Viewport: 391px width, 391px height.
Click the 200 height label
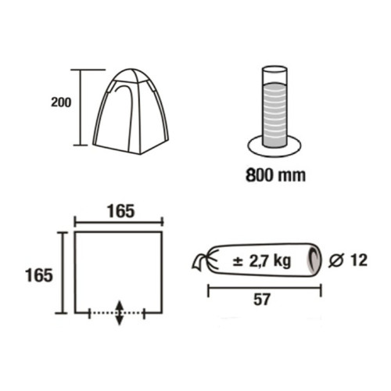(x=61, y=102)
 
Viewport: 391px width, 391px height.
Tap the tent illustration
(x=131, y=111)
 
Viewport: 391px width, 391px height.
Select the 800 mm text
(x=275, y=175)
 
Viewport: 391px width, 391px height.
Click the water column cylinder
(x=274, y=106)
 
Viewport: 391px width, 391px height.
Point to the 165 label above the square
(x=121, y=211)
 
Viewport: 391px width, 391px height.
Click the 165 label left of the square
(x=39, y=275)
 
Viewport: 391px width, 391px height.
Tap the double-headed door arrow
(x=119, y=314)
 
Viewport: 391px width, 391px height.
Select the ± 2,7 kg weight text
(x=262, y=260)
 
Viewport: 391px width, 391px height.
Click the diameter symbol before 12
(x=336, y=260)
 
